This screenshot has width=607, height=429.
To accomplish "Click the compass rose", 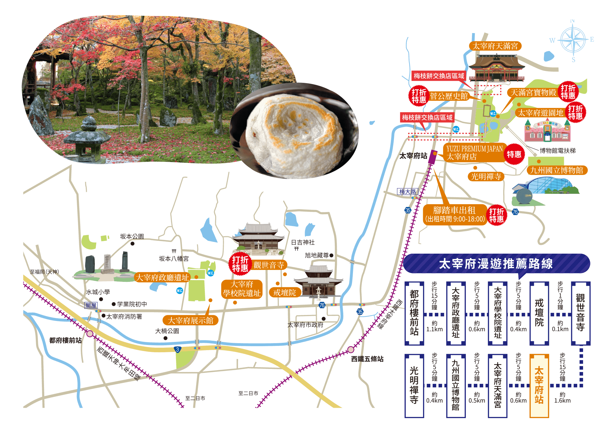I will pyautogui.click(x=573, y=40).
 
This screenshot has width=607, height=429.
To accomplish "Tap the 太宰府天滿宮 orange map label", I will pyautogui.click(x=495, y=46).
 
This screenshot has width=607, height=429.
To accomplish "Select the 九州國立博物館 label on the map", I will pyautogui.click(x=557, y=170).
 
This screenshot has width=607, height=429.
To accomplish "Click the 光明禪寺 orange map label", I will pyautogui.click(x=486, y=177).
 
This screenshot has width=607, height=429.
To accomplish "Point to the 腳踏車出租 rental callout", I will pyautogui.click(x=455, y=214).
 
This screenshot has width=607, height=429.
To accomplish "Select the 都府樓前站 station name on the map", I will pyautogui.click(x=65, y=340).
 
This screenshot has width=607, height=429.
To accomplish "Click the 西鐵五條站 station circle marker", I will pyautogui.click(x=351, y=350).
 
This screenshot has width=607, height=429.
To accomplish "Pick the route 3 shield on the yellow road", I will pyautogui.click(x=178, y=350).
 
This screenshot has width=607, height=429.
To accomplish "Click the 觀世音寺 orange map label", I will pyautogui.click(x=269, y=265).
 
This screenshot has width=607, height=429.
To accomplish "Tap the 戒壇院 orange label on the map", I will pyautogui.click(x=285, y=292).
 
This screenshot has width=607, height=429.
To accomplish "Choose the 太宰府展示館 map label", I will pyautogui.click(x=190, y=320).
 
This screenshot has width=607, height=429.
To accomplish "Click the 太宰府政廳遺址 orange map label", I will pyautogui.click(x=162, y=277).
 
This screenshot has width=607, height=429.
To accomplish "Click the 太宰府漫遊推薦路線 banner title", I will pyautogui.click(x=496, y=264).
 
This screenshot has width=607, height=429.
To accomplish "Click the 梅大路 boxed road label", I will pyautogui.click(x=408, y=191).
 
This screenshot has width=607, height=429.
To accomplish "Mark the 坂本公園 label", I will pyautogui.click(x=132, y=236).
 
